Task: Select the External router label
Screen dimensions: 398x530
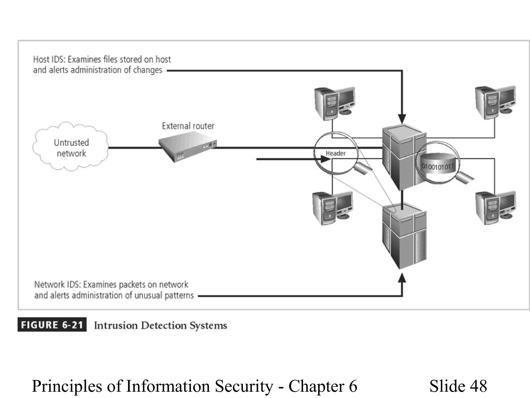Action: point(188,126)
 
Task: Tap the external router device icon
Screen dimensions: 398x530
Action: point(187,146)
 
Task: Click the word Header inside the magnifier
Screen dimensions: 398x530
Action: point(336,153)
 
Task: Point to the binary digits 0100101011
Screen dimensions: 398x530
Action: point(438,166)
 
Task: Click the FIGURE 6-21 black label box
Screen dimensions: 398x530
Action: point(52,325)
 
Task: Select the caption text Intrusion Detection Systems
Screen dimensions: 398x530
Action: point(160,325)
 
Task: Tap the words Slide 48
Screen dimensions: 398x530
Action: point(458,386)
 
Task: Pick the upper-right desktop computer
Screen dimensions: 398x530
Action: point(495,102)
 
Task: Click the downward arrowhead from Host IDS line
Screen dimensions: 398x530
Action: point(402,119)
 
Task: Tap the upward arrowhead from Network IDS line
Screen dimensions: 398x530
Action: point(402,278)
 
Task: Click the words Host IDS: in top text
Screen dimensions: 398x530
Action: point(49,60)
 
